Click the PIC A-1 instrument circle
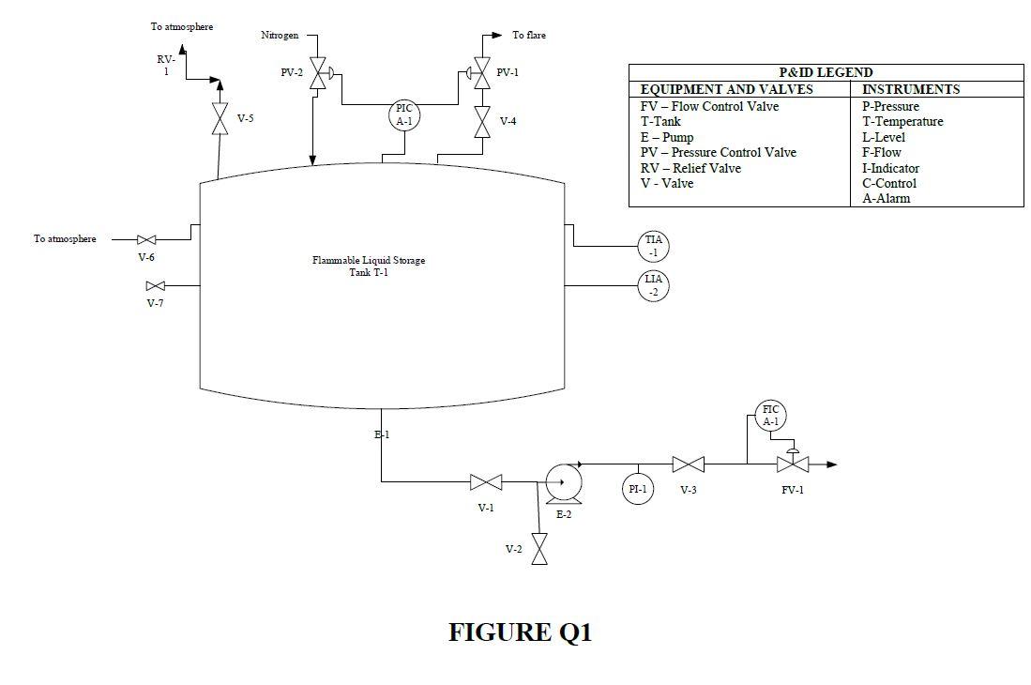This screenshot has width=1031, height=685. coord(403,114)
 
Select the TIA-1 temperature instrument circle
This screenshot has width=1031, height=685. coord(654,246)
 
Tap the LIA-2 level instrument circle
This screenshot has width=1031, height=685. coord(654,285)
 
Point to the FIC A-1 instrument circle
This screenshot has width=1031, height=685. coord(770,416)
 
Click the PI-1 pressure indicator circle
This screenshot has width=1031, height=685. coord(638,489)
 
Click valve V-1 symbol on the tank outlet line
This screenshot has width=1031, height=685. coord(486,482)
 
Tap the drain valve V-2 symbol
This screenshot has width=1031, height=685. coord(539,549)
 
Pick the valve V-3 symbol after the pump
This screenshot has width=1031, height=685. coord(689,464)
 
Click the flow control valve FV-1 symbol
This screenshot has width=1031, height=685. coord(793,464)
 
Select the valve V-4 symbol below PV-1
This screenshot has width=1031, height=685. coord(482,121)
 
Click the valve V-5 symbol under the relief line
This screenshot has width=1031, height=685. coord(220,119)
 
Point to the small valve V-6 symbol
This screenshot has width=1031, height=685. coord(146,240)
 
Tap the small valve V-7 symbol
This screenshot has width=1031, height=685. coord(156,285)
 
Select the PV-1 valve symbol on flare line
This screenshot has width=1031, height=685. coord(482,73)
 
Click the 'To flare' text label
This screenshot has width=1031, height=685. coord(528,36)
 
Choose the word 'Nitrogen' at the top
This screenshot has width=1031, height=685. coord(280,36)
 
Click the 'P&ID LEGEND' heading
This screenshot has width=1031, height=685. coord(826,72)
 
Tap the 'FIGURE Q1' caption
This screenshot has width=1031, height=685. coord(520,632)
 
